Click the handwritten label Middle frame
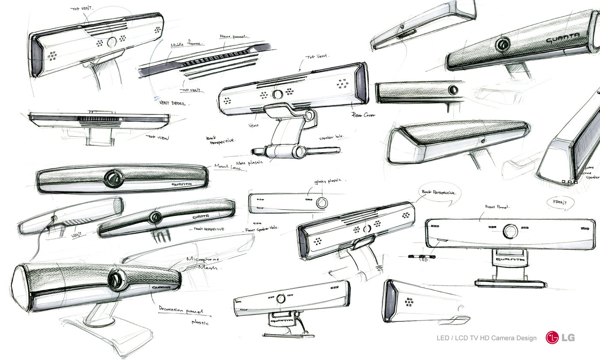pos(187,44)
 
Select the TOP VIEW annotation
pos(157,138)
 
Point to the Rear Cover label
pos(363,115)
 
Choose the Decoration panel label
pos(180,309)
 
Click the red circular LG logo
pos(552,337)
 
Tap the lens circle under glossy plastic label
pos(321,203)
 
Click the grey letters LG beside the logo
pos(568,337)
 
